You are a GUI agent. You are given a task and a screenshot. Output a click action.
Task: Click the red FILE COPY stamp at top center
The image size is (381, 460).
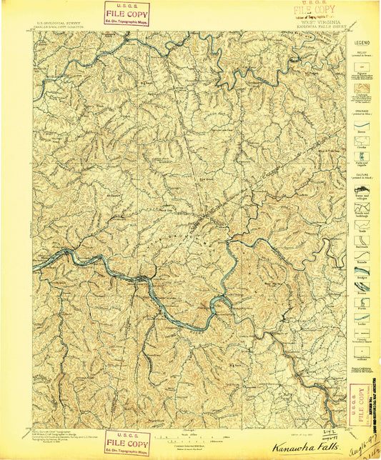pos(127,14)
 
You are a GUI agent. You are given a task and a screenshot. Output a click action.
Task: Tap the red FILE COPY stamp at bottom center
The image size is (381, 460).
pos(127,443)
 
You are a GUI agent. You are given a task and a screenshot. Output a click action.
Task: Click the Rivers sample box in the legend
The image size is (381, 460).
pos(362,126)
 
